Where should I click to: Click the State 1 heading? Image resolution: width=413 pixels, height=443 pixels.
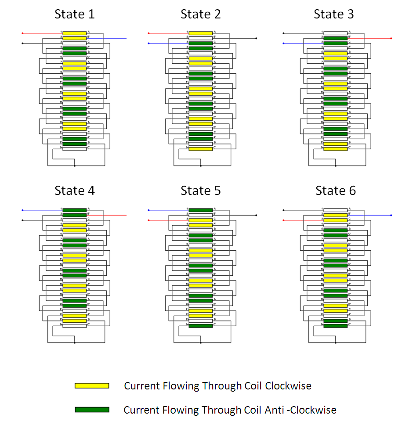coord(74,14)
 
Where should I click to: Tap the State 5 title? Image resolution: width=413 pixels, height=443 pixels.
coord(200,191)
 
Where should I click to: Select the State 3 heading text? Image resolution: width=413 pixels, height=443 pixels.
coord(333,14)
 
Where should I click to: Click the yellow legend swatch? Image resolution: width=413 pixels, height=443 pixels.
coord(92,385)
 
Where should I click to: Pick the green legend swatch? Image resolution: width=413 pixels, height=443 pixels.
coord(92,410)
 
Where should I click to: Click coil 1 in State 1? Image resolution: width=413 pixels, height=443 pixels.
coord(74,33)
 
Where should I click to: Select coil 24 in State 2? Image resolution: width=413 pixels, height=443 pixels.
coord(200,148)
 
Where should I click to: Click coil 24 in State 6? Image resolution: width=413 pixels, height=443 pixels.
coord(335,325)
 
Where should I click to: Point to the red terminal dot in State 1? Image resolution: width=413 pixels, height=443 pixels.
coord(22,33)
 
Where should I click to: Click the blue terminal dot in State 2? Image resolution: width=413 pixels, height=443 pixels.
coord(149,43)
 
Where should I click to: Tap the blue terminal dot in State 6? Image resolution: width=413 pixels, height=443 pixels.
coord(391,215)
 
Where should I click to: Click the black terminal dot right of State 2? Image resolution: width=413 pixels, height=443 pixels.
coord(256,38)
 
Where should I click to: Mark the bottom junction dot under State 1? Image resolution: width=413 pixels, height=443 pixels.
coord(75,166)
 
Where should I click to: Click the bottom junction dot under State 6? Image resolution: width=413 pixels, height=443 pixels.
coord(336,342)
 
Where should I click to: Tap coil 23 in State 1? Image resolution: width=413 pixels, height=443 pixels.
coord(74,143)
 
